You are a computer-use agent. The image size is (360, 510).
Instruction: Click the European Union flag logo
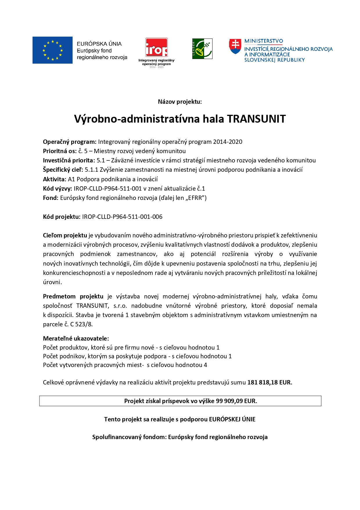point(53,50)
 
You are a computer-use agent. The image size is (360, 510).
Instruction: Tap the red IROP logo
point(156,47)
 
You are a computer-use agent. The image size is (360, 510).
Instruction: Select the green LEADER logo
point(202,49)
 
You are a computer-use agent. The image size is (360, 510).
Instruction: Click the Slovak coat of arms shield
point(235,46)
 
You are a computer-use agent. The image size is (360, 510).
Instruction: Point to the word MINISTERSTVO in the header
point(264,41)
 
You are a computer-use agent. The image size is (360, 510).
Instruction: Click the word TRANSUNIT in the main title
point(256,119)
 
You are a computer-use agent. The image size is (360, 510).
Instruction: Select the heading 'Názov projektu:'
point(180,102)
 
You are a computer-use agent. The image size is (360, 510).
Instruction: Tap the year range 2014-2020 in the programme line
point(228,142)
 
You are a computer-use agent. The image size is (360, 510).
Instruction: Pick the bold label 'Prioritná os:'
point(60,151)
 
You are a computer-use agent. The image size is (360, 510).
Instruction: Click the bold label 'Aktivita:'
point(55,179)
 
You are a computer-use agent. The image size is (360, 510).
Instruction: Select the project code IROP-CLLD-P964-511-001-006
point(122,217)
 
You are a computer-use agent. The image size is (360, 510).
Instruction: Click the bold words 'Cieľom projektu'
point(65,235)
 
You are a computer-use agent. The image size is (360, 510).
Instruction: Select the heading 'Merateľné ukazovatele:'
point(76,339)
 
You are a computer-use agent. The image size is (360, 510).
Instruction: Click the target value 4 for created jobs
point(206,365)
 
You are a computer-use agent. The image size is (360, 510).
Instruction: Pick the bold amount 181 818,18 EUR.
point(270,382)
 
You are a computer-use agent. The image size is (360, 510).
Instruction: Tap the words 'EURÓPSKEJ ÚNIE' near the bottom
point(232,419)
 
